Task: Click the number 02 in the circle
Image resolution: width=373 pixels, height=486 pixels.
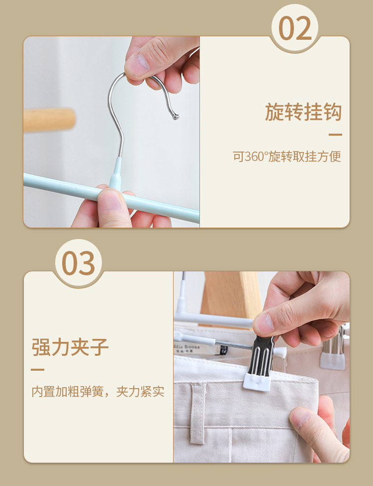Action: tap(295, 28)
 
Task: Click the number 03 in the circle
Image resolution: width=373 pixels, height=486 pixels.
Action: tap(78, 263)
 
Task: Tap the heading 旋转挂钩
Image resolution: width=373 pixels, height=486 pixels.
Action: tap(303, 112)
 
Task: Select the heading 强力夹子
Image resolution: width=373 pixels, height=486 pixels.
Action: tap(70, 347)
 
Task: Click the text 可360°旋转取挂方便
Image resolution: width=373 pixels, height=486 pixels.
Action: tap(287, 157)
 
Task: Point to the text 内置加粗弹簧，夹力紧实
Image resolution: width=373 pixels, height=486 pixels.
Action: tap(98, 392)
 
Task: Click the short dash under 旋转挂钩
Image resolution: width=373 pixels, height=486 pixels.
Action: tap(335, 135)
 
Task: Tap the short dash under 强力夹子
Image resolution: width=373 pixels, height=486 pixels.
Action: tap(37, 369)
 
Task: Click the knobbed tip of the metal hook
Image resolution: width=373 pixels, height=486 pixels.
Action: tap(176, 117)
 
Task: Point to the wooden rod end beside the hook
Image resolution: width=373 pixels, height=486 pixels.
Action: tap(49, 120)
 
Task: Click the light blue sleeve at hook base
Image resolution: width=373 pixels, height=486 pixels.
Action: tap(116, 172)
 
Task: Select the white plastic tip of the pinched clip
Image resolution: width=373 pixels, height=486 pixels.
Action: tap(256, 382)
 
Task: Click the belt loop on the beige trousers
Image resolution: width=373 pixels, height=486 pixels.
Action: tap(197, 413)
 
